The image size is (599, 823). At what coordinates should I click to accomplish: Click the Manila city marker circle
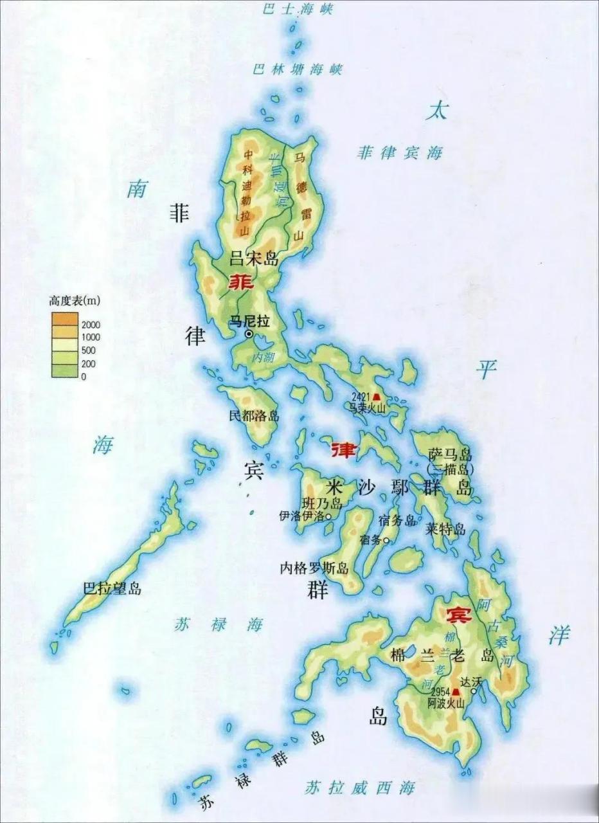point(249,334)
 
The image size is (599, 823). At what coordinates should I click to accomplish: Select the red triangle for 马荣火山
point(376,397)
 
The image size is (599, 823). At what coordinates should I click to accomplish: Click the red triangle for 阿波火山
point(456,692)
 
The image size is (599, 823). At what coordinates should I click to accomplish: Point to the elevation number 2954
point(440,692)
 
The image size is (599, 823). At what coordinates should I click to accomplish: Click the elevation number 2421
point(361,397)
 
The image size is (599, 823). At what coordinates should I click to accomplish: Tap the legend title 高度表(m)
point(75,300)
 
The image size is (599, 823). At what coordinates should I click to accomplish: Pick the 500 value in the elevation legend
point(88,350)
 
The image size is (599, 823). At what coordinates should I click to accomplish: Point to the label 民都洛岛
point(255,416)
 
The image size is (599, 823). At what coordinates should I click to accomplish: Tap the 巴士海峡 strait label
point(298,9)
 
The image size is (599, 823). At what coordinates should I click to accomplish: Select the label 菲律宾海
point(400,153)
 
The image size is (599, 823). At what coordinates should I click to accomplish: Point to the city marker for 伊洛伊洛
point(328,516)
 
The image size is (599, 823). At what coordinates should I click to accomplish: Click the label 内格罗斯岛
point(314,568)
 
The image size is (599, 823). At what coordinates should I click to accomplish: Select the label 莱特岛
point(445,529)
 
